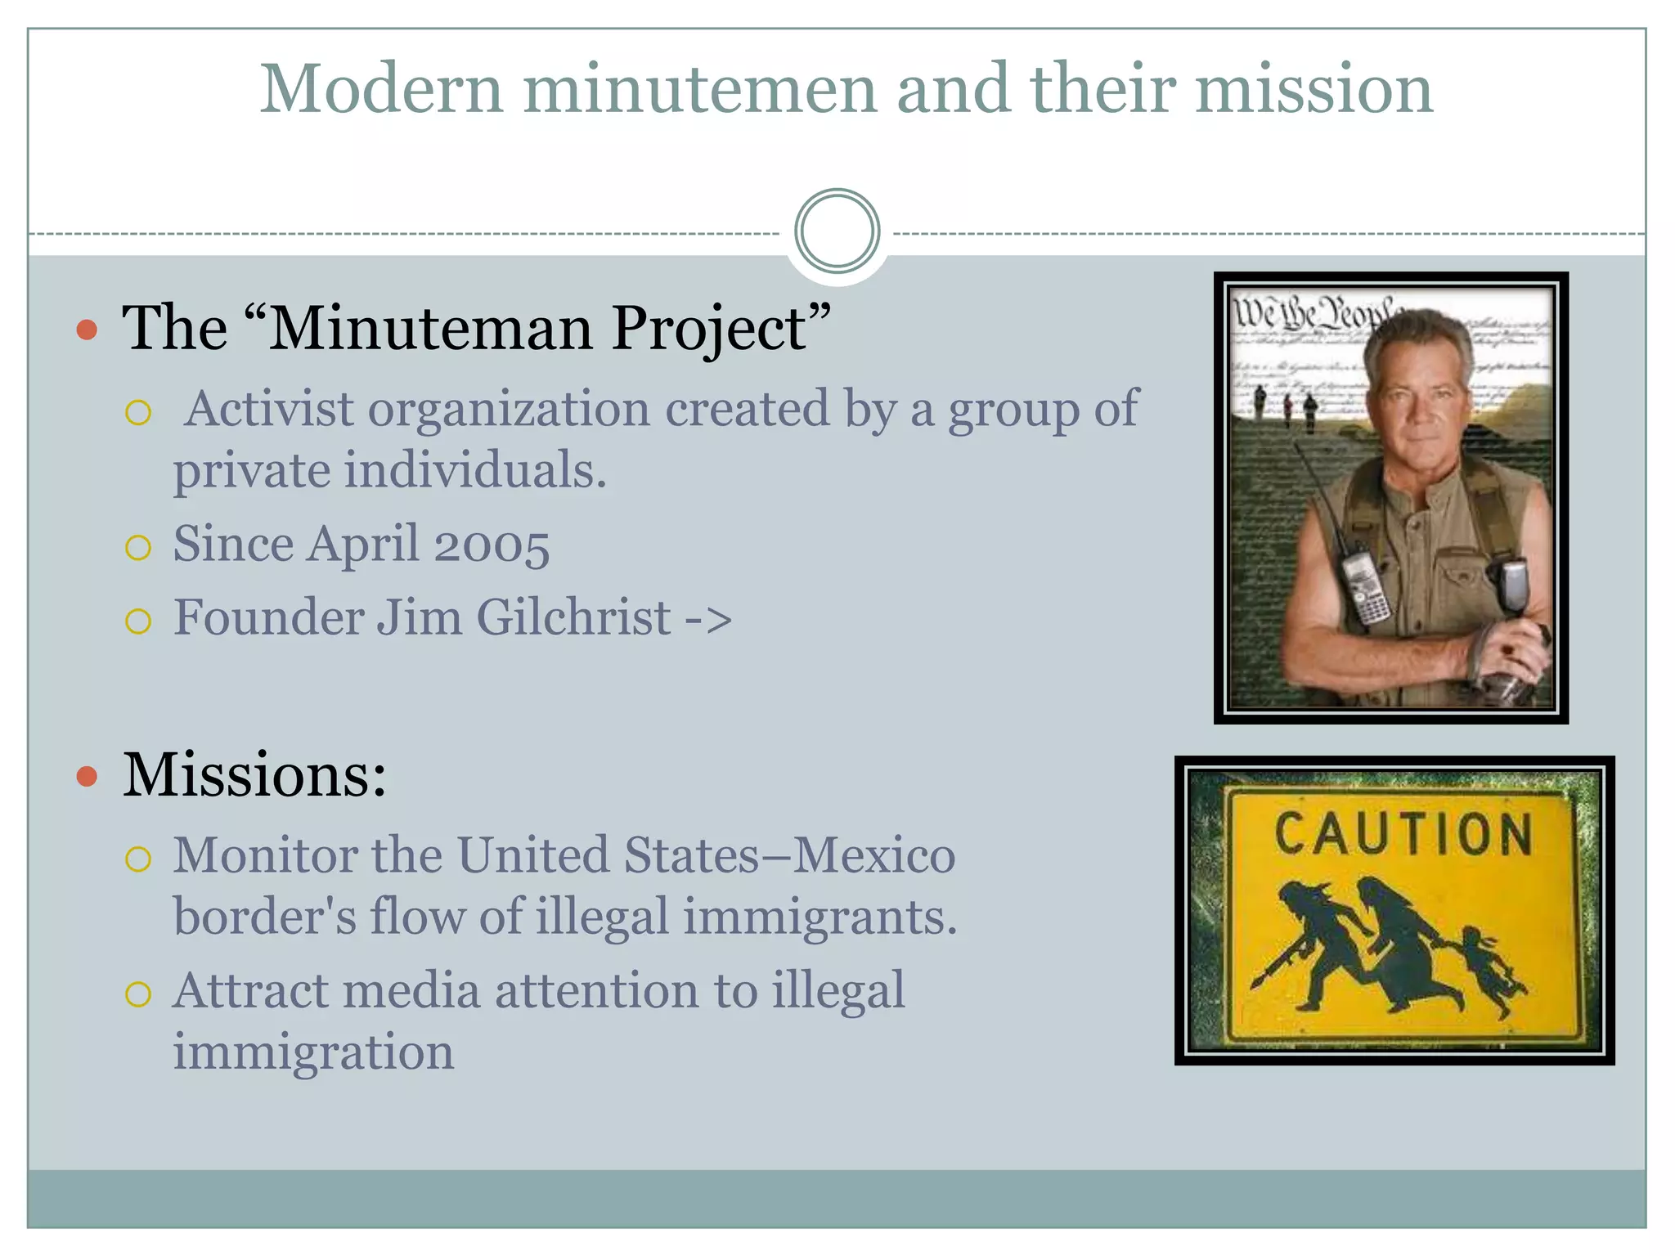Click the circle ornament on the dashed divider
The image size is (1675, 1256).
point(837,231)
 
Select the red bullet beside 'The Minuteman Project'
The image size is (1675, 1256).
point(87,330)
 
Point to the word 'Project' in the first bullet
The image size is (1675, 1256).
point(710,329)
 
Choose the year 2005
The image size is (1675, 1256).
point(492,545)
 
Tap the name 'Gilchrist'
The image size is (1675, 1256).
point(573,617)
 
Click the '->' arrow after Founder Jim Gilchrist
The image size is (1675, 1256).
point(708,619)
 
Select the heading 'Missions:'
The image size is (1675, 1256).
point(254,774)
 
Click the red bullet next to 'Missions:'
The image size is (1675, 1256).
point(87,776)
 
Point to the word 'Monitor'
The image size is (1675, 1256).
point(265,855)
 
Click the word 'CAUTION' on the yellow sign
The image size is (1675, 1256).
point(1403,834)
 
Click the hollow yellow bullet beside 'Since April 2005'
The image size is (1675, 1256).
point(138,547)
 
